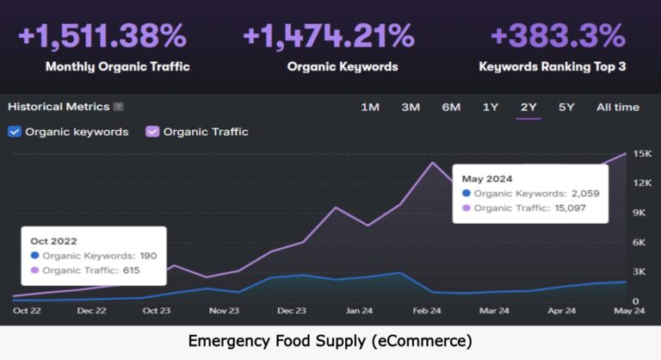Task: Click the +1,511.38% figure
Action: coord(102,36)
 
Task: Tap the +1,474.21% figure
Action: coord(330,36)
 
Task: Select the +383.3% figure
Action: coord(557,36)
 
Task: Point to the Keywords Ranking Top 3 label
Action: coord(552,65)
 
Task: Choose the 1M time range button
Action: coord(370,107)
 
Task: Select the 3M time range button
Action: coord(411,107)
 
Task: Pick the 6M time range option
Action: coord(451,107)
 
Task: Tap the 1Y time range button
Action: coord(491,107)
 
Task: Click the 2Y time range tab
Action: coord(528,107)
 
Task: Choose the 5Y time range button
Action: coord(566,107)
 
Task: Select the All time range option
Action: coord(618,107)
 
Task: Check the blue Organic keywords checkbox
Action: coord(14,132)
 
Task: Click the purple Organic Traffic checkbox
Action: coord(152,132)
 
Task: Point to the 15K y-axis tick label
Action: coord(641,154)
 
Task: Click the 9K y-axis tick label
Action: coord(641,213)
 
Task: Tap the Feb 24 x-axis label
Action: coord(428,311)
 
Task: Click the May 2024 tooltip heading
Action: coord(486,178)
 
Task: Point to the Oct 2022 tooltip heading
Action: coord(53,240)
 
